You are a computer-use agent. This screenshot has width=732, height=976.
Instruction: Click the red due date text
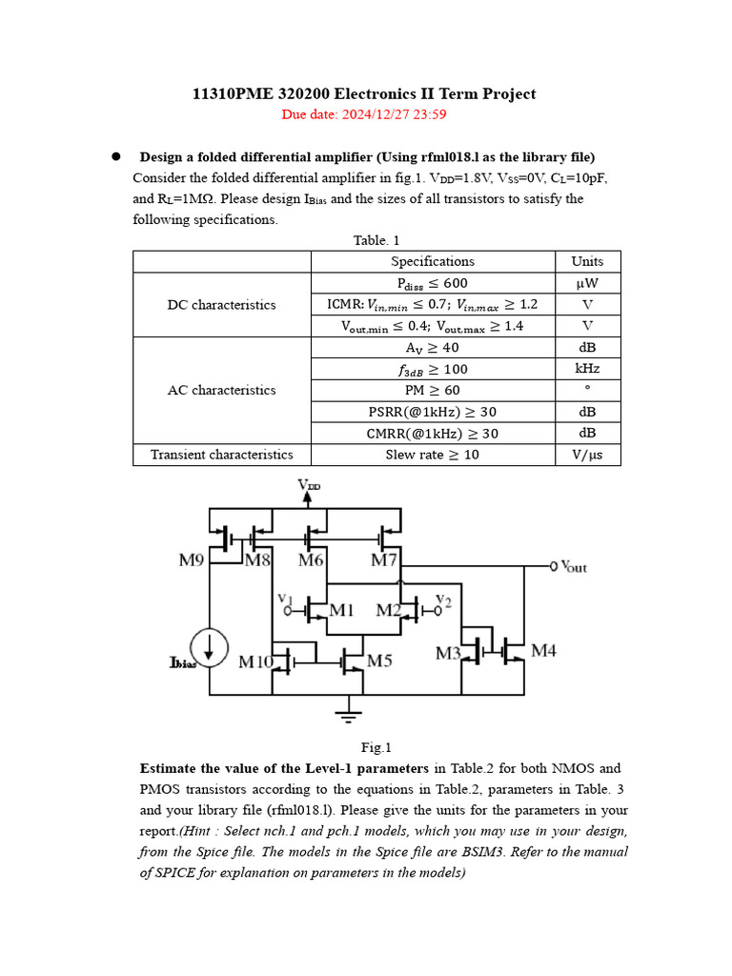tap(364, 115)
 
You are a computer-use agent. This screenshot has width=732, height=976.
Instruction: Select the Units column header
tap(587, 261)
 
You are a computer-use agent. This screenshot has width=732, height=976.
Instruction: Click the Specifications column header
tap(433, 261)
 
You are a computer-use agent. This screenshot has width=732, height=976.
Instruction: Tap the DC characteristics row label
tap(222, 305)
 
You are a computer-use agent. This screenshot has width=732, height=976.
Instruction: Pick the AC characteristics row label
tap(222, 390)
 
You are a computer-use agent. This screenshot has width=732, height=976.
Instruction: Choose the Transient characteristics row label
tap(222, 455)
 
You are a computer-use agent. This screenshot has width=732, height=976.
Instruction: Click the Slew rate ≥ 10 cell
tap(433, 455)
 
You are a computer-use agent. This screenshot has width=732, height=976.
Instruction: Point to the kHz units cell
tap(587, 369)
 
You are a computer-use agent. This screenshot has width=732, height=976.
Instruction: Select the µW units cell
tap(587, 283)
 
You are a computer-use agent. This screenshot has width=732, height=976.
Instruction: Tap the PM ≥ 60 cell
tap(433, 390)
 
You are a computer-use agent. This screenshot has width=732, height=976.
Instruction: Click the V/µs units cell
tap(587, 455)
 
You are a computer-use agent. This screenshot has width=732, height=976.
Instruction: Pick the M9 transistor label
tap(192, 560)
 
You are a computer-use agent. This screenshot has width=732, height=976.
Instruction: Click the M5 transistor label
tap(379, 660)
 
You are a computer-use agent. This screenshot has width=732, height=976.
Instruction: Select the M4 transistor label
tap(543, 651)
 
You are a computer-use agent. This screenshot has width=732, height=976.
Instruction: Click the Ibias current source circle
tap(209, 647)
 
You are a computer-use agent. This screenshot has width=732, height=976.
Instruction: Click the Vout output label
tap(574, 567)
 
